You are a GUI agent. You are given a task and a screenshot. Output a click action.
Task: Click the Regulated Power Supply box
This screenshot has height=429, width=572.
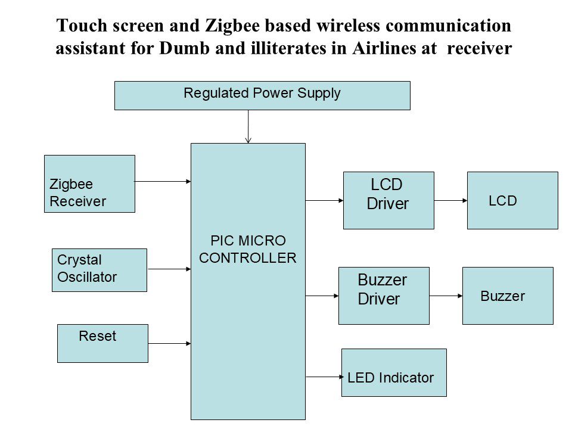tap(262, 95)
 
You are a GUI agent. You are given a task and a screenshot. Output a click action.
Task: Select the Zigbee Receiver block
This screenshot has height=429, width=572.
tap(89, 184)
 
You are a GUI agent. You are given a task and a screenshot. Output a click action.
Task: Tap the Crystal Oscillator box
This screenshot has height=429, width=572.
tap(99, 270)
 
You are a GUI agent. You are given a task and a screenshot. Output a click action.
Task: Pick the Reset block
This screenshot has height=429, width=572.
tap(102, 343)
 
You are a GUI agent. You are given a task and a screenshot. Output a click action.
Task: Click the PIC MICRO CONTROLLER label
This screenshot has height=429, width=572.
tap(248, 250)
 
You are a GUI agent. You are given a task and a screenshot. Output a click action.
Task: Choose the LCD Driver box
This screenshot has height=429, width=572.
tap(388, 200)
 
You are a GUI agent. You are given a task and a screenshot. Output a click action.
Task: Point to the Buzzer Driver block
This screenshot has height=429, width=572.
tap(384, 296)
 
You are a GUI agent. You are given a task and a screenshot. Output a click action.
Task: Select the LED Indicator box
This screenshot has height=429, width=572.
tap(394, 372)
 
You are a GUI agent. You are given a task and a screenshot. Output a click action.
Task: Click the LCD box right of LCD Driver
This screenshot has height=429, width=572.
tap(512, 200)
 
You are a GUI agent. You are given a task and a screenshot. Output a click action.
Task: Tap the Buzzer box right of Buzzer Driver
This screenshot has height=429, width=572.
tap(508, 296)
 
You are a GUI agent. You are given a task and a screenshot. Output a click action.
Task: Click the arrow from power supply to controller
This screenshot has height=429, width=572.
tap(248, 126)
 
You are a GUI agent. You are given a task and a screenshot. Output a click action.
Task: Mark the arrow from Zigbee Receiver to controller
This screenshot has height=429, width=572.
tap(163, 181)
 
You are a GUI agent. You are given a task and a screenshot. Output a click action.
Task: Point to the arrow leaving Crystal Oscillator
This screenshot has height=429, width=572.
tap(169, 269)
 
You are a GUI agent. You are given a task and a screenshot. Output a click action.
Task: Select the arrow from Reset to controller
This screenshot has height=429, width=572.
tap(169, 343)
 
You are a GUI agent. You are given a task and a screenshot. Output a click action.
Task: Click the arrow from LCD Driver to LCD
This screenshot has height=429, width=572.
tap(450, 201)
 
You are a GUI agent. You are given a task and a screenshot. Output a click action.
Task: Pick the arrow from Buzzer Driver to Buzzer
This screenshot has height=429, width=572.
tap(446, 296)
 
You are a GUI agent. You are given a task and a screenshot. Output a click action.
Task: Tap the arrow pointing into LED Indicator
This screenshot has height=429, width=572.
tap(325, 377)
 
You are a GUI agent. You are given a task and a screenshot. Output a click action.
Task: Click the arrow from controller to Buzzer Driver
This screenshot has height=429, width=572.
tap(322, 296)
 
